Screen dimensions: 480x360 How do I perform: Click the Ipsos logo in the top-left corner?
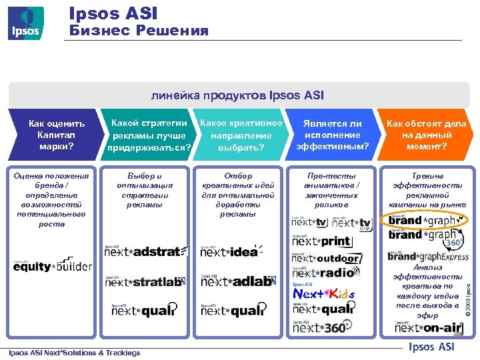click(26, 23)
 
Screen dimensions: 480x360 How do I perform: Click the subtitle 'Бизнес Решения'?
click(139, 31)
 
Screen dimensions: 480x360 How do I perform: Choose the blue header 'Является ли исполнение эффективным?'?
click(331, 135)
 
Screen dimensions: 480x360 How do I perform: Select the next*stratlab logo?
click(144, 281)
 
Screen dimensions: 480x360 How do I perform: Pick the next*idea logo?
click(230, 251)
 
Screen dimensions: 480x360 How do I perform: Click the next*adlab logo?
click(237, 281)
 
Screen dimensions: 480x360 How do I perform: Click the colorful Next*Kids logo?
click(324, 293)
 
